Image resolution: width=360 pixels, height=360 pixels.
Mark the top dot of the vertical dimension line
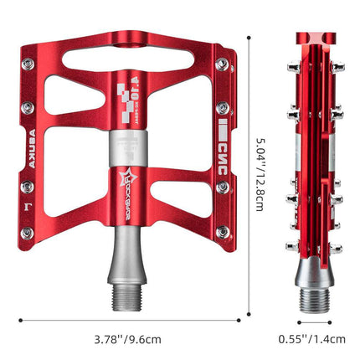tap(250, 34)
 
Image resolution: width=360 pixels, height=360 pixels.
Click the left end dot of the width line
tap(21, 319)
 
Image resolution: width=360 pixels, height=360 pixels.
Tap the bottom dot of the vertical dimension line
tap(250, 317)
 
